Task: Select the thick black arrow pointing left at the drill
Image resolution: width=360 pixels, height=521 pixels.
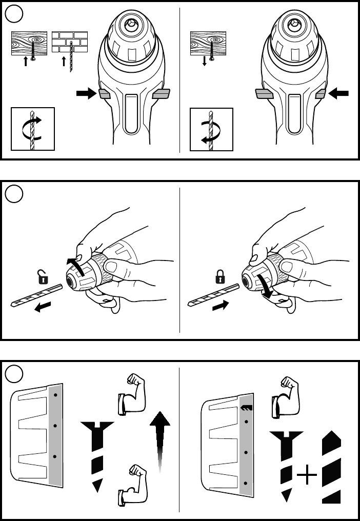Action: pyautogui.click(x=339, y=93)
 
